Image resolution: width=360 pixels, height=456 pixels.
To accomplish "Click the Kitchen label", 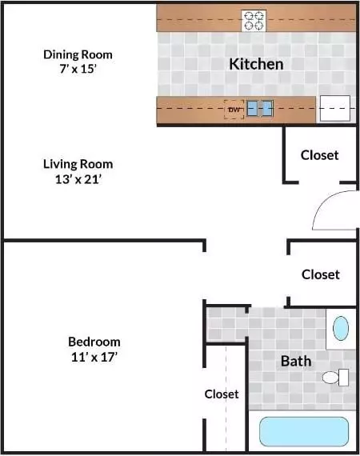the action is pos(256,64).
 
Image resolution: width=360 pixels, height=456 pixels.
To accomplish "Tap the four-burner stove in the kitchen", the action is pos(254,21).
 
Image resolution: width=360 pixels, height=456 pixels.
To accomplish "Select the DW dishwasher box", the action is pos(234,110).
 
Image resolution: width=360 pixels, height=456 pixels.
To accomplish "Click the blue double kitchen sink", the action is pos(260,109).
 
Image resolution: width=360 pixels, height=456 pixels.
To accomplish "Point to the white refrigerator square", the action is pos(334,108).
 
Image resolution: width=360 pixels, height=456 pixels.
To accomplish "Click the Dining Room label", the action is pos(78,54).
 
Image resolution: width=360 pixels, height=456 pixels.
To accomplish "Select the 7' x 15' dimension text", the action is pos(78,69).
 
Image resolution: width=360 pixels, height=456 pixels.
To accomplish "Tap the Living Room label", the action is pos(78,164).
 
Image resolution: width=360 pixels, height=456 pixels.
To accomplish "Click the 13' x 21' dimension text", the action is pos(78,179).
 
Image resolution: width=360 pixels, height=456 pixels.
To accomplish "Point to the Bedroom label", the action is pos(94,342).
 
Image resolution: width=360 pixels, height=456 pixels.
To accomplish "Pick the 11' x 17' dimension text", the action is pos(94,357).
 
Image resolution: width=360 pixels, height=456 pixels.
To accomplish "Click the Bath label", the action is pos(296,361).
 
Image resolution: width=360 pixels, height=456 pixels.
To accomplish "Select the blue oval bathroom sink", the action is pos(341,328).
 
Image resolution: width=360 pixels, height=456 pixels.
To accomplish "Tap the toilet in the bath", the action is pos(335,377).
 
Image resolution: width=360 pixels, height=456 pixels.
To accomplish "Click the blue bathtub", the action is pos(304,431).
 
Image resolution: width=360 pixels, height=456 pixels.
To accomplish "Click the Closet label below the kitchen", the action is pos(319,155).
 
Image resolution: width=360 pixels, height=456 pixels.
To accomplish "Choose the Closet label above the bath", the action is pos(321,274).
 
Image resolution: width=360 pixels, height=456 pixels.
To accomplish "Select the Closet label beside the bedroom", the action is pos(222,394).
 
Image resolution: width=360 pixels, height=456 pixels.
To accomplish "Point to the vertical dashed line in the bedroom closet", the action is pos(226,398).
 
